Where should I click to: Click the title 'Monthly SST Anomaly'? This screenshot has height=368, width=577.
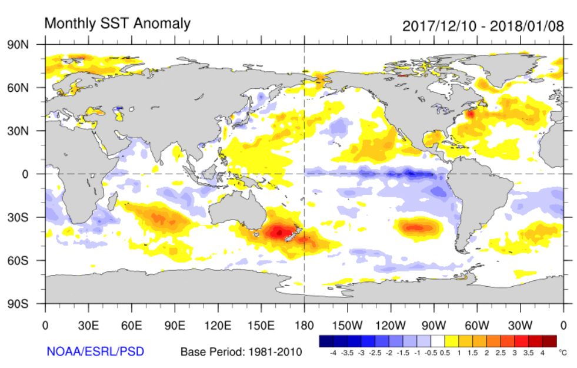click(x=118, y=24)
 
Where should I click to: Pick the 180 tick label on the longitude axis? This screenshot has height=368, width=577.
click(x=304, y=324)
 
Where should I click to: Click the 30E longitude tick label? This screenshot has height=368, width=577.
click(x=88, y=324)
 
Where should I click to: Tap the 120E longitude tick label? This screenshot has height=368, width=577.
click(x=218, y=324)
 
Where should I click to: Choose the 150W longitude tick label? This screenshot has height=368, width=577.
click(x=347, y=324)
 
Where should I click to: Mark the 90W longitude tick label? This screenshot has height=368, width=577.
click(x=433, y=324)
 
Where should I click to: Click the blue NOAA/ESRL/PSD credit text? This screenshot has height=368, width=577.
click(x=95, y=352)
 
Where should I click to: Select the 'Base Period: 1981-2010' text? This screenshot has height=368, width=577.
click(x=241, y=352)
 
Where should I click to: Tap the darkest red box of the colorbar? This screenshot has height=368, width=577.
click(x=549, y=341)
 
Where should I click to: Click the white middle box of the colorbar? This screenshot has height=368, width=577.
click(x=438, y=341)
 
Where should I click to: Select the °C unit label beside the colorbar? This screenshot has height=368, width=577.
click(x=563, y=353)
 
